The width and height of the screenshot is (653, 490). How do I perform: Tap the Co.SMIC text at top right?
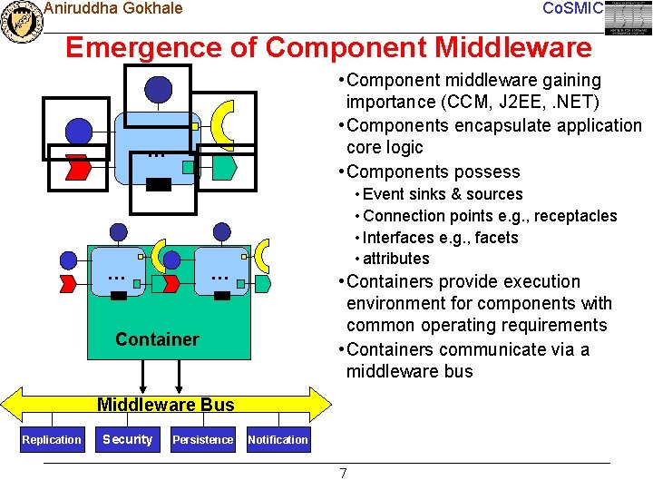571,9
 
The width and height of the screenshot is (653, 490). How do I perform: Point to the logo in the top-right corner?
629,18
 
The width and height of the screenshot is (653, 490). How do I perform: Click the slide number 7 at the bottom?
343,473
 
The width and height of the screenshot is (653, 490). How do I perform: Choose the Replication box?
52,440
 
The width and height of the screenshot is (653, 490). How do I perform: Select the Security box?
127,439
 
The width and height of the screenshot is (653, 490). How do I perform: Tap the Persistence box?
202,440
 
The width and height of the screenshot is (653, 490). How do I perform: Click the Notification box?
278,440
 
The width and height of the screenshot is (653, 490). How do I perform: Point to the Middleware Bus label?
165,405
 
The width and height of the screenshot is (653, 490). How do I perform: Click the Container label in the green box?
157,339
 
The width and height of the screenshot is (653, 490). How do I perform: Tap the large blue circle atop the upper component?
159,89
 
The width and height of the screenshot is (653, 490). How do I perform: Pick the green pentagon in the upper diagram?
225,167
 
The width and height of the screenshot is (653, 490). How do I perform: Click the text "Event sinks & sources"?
443,194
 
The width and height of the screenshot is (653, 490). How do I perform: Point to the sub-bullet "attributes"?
396,260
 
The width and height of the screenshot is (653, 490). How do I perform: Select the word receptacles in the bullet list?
573,216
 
